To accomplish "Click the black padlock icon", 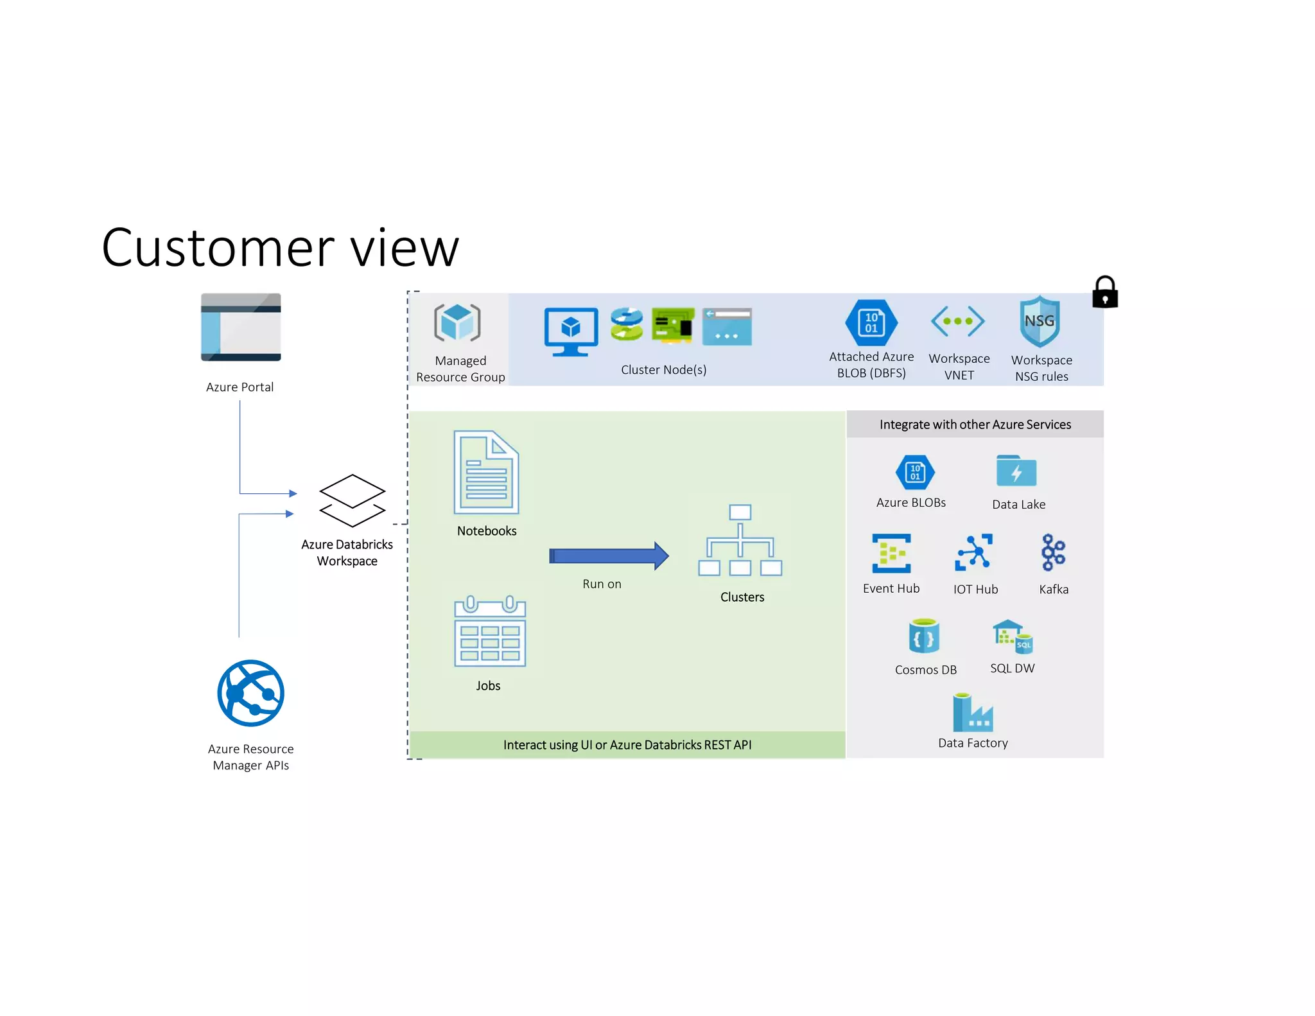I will (x=1104, y=293).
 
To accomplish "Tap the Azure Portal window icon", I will (x=241, y=328).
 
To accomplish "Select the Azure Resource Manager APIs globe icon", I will (x=250, y=693).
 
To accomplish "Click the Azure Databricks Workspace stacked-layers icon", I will (x=353, y=501).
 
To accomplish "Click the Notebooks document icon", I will (x=486, y=472).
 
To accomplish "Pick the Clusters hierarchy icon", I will (x=740, y=541).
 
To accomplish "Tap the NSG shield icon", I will (x=1040, y=321).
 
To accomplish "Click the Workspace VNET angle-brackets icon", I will (x=958, y=321).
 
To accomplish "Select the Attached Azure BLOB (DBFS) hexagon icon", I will (x=871, y=322).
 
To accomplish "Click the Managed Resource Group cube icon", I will (x=457, y=322).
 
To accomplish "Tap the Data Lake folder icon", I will (x=1016, y=472).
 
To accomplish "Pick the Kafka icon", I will (x=1053, y=552).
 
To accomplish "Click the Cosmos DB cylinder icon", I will (x=924, y=636).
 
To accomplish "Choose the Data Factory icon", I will (x=972, y=713).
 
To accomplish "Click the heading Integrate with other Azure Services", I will (x=975, y=425).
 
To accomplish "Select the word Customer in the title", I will (x=218, y=248).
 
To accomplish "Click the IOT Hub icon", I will (x=974, y=552).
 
